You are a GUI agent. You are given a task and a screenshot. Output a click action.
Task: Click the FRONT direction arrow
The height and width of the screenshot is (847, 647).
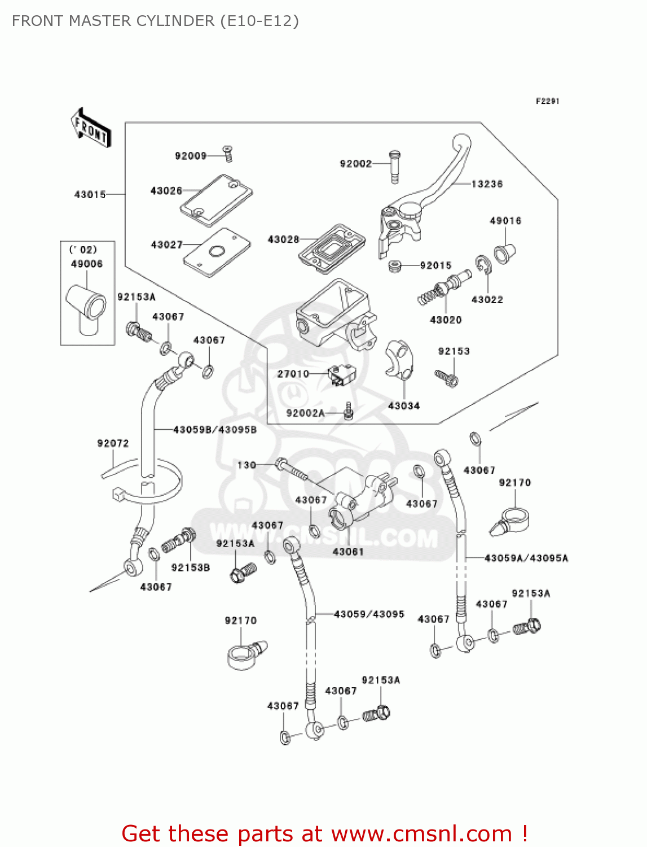click(x=90, y=128)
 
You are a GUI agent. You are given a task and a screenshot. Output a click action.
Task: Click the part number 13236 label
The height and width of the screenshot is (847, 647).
click(x=486, y=184)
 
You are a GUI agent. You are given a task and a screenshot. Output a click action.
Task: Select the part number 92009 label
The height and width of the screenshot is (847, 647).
click(x=191, y=156)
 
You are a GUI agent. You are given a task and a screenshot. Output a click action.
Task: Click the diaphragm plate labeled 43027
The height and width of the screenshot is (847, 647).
click(x=217, y=252)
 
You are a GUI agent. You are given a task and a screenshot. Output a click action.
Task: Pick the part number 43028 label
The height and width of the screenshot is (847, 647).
click(x=283, y=239)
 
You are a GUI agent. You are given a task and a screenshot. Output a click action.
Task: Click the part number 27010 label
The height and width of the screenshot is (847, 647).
click(x=293, y=374)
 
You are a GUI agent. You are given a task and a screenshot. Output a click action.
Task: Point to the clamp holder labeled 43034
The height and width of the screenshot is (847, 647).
click(x=400, y=359)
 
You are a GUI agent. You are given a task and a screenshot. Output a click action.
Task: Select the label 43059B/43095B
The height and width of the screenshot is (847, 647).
click(x=214, y=430)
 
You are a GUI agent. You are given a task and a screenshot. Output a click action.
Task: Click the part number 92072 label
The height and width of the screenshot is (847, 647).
click(x=113, y=443)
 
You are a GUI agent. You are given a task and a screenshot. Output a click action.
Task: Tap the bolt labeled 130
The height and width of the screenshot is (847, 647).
click(x=291, y=469)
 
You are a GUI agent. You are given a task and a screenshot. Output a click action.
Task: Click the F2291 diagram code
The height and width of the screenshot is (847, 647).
click(x=547, y=101)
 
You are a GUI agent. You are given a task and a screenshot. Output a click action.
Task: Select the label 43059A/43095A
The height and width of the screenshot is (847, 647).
click(x=526, y=558)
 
